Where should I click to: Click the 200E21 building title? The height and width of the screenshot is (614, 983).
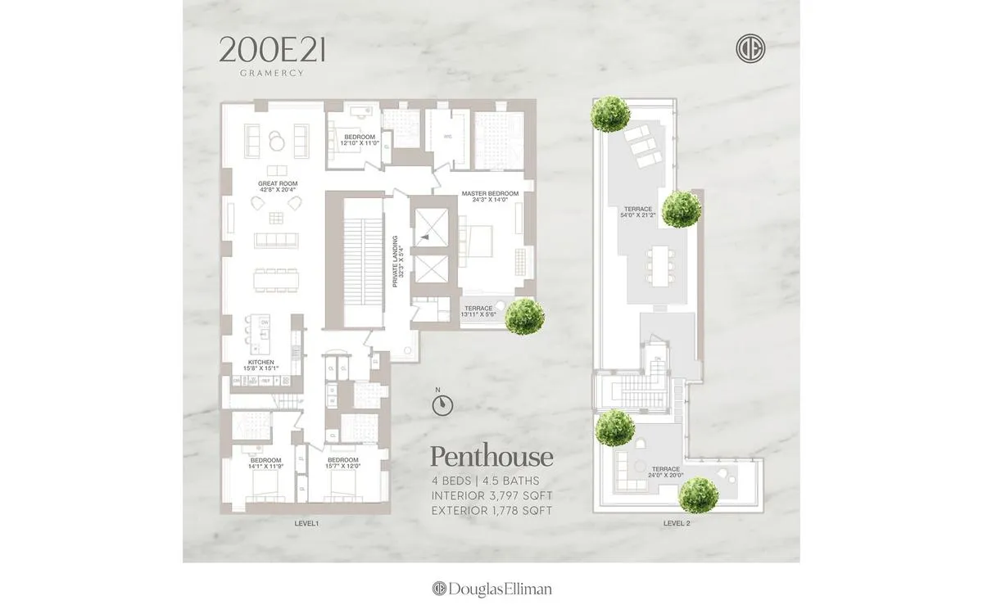272,51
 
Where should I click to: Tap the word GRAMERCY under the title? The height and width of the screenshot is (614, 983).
272,73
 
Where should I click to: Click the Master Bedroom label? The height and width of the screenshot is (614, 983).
485,197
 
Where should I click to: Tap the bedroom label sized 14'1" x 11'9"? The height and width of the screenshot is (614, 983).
265,463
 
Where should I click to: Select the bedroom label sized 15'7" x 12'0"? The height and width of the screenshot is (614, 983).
342,463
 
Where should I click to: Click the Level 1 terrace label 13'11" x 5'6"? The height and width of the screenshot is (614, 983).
478,312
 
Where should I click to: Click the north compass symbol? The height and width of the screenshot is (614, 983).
442,403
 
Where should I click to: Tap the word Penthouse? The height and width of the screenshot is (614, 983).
491,457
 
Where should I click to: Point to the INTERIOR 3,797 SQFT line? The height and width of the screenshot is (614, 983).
491,496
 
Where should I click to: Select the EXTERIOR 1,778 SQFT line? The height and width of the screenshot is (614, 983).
491,511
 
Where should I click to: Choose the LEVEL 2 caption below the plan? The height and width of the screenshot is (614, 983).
677,522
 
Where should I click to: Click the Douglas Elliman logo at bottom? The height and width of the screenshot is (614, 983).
491,589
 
